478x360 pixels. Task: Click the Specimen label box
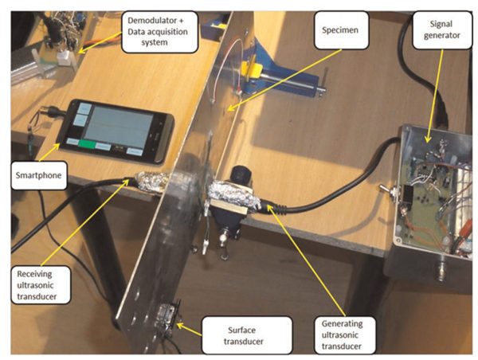coord(341,30)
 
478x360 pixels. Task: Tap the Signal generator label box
coord(442,30)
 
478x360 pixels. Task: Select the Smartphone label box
coord(39,175)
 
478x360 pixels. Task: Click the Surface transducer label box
coord(247,335)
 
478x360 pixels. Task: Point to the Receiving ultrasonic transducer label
coord(41,285)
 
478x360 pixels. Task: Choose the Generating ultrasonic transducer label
coord(345,335)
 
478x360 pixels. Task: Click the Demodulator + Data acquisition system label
coord(160,32)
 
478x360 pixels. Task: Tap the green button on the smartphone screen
coord(87,143)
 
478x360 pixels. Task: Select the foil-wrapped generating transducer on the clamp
coord(233,195)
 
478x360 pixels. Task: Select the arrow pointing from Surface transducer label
coord(189,330)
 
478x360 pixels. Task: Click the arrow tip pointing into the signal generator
coord(428,142)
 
